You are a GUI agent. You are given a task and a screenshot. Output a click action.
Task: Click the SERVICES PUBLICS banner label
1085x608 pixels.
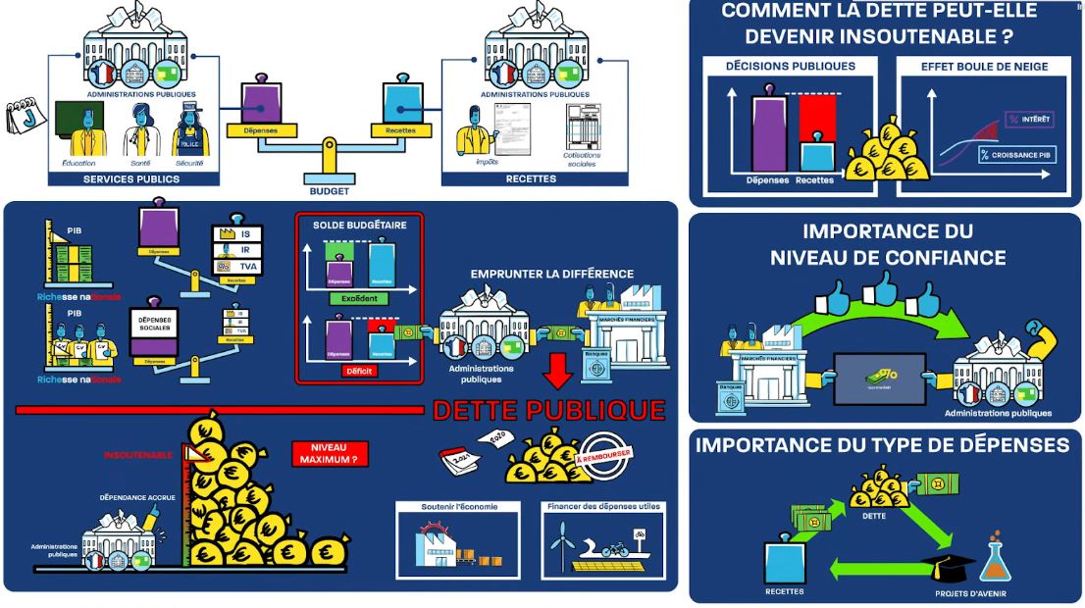(131, 179)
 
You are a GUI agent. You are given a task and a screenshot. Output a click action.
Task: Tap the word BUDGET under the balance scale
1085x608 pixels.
(329, 191)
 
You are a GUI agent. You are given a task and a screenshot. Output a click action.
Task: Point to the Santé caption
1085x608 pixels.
(140, 163)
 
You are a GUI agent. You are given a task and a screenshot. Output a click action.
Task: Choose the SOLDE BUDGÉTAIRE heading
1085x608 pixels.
(359, 225)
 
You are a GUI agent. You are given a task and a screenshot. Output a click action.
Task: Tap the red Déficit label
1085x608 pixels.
(359, 372)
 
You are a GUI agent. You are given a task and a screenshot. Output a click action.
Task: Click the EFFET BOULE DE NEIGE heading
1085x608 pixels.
(984, 67)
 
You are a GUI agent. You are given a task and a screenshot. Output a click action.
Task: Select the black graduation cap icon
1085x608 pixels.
(946, 568)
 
